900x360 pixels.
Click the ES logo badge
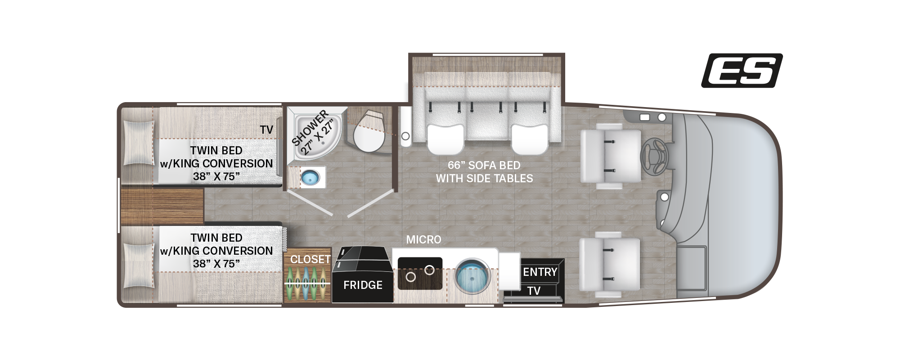(742, 71)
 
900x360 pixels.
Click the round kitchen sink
(471, 275)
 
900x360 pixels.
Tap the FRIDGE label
(363, 285)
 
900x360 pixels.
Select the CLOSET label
(310, 259)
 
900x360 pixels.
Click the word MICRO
(423, 240)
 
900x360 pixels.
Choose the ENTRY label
(540, 272)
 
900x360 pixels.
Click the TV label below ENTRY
(534, 291)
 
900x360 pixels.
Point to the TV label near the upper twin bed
(266, 130)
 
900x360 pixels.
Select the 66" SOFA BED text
(484, 165)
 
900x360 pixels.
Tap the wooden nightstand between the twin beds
(162, 207)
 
